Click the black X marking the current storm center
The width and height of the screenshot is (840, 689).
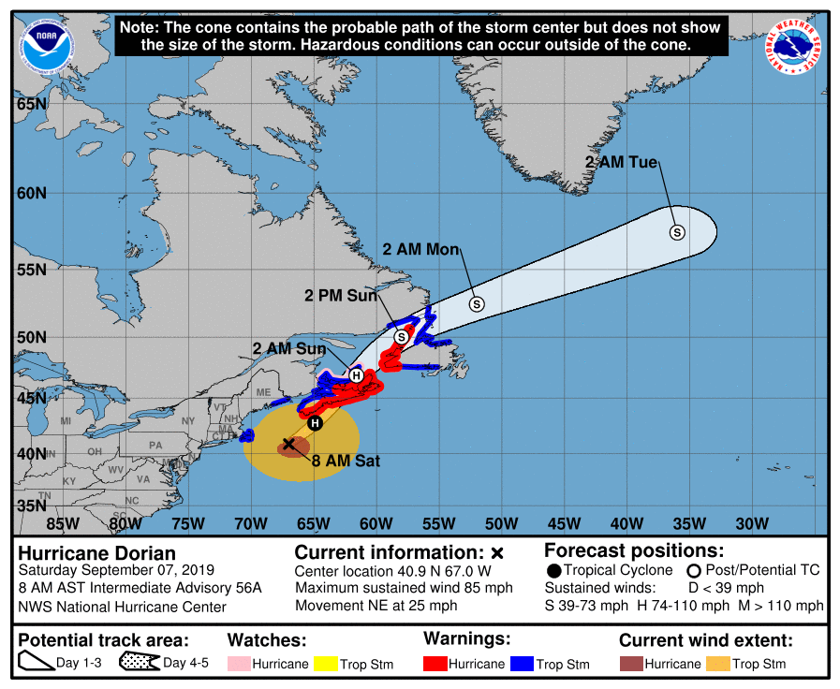click(x=289, y=443)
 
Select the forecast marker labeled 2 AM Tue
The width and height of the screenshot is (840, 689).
click(x=676, y=232)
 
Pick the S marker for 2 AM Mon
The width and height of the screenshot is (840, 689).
click(x=476, y=303)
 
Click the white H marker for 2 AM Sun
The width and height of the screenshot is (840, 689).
click(x=356, y=374)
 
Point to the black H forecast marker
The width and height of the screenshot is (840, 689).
click(x=316, y=423)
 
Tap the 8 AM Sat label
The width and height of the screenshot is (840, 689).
click(x=346, y=461)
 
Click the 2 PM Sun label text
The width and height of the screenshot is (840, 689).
click(x=340, y=296)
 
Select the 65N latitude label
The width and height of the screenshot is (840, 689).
click(x=31, y=103)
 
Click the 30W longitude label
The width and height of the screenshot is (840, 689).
click(x=752, y=523)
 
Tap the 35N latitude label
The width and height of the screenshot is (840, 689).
click(x=31, y=506)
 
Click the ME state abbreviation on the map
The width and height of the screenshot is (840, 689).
click(x=263, y=392)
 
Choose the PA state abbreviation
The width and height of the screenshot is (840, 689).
click(x=155, y=445)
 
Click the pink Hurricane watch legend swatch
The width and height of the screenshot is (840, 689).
click(x=241, y=664)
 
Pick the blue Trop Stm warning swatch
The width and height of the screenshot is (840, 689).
click(x=522, y=664)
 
